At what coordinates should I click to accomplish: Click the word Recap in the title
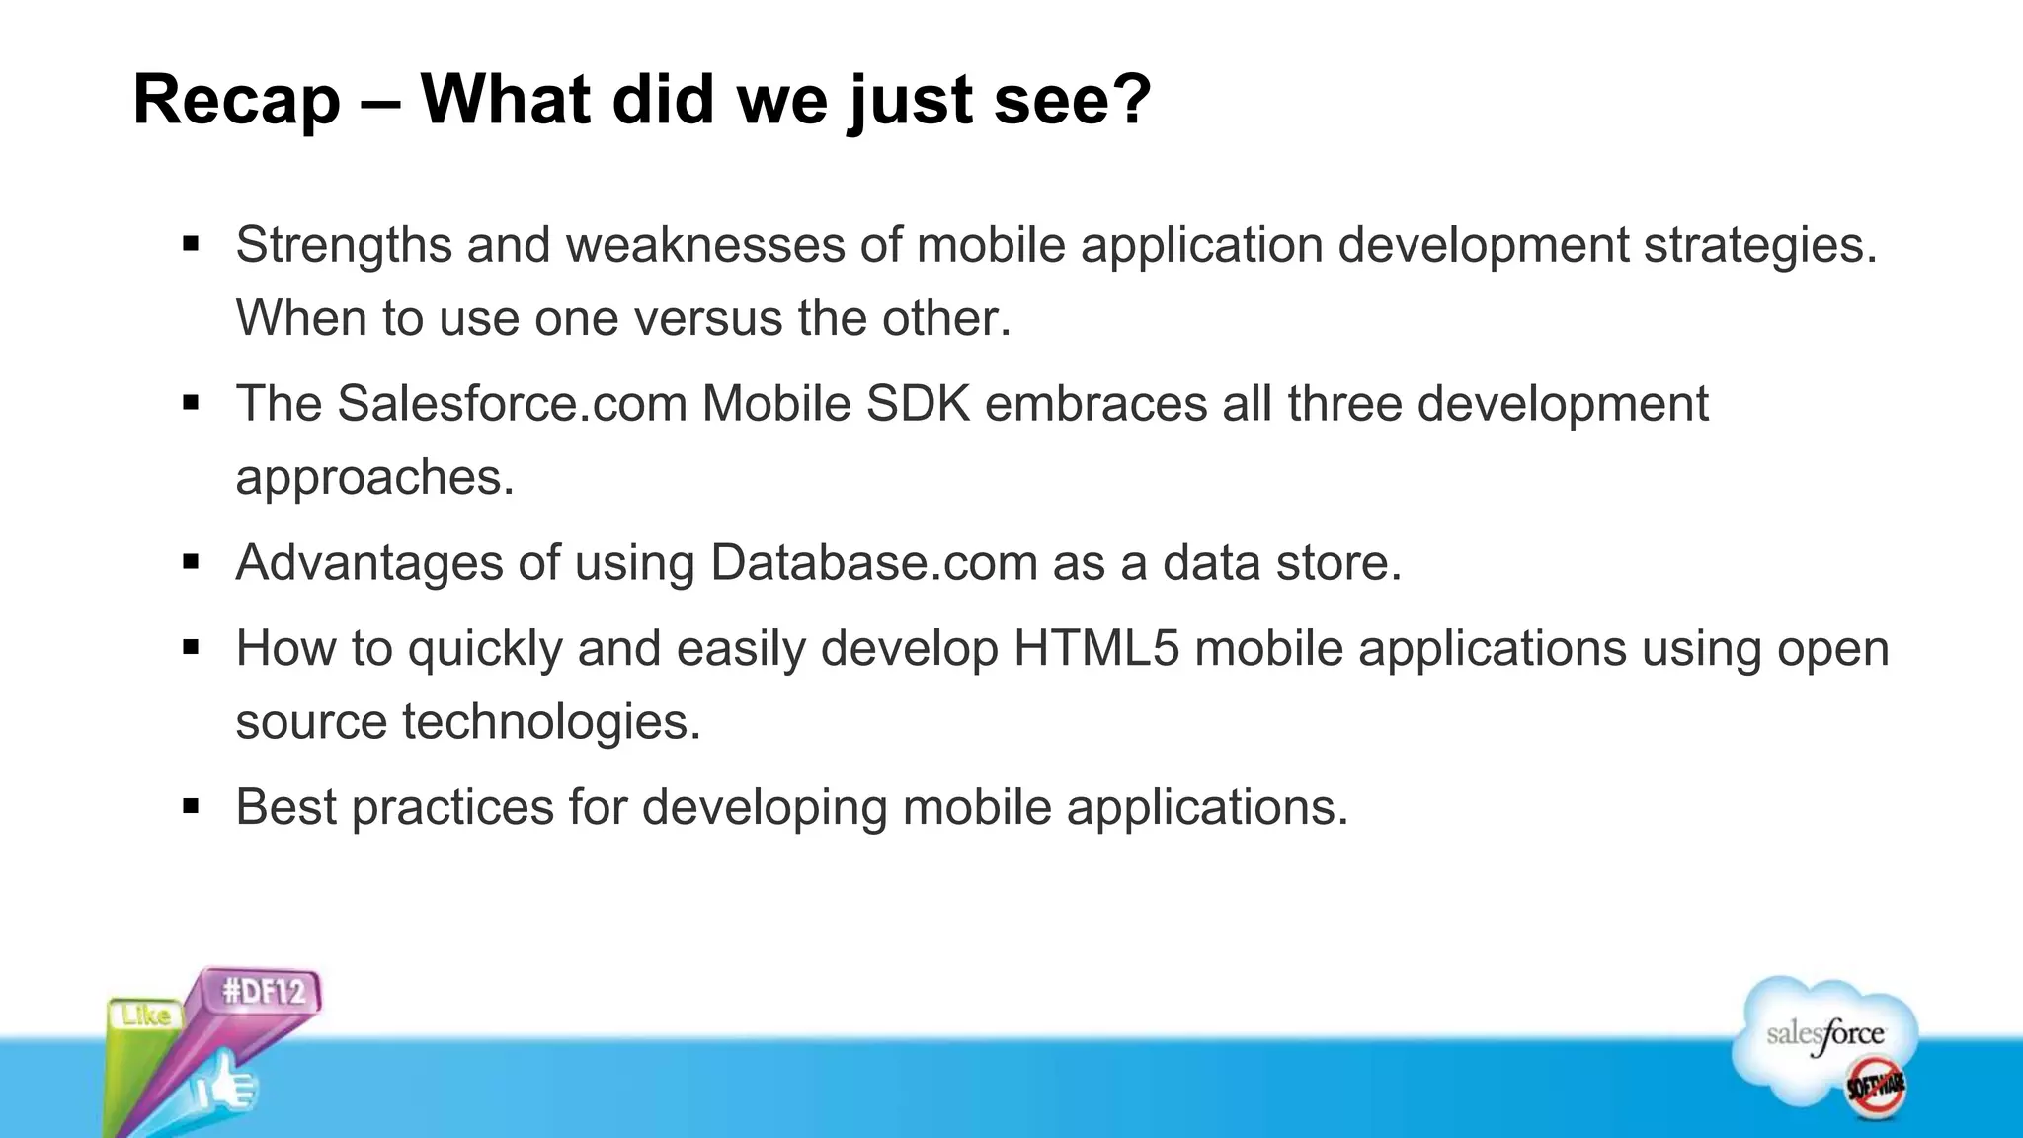[x=236, y=101]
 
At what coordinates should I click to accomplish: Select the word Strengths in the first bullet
[x=343, y=245]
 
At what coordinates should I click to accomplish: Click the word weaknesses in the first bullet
[x=705, y=245]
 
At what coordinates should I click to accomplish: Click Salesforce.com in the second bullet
[x=512, y=404]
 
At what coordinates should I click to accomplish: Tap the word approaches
[x=374, y=478]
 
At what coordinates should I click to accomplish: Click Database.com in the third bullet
[x=873, y=563]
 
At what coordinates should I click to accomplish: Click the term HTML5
[x=1096, y=649]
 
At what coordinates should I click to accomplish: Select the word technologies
[x=551, y=722]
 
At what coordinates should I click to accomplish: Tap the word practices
[x=452, y=808]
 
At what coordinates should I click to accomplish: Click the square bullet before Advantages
[x=192, y=563]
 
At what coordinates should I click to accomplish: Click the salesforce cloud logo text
[x=1824, y=1035]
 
